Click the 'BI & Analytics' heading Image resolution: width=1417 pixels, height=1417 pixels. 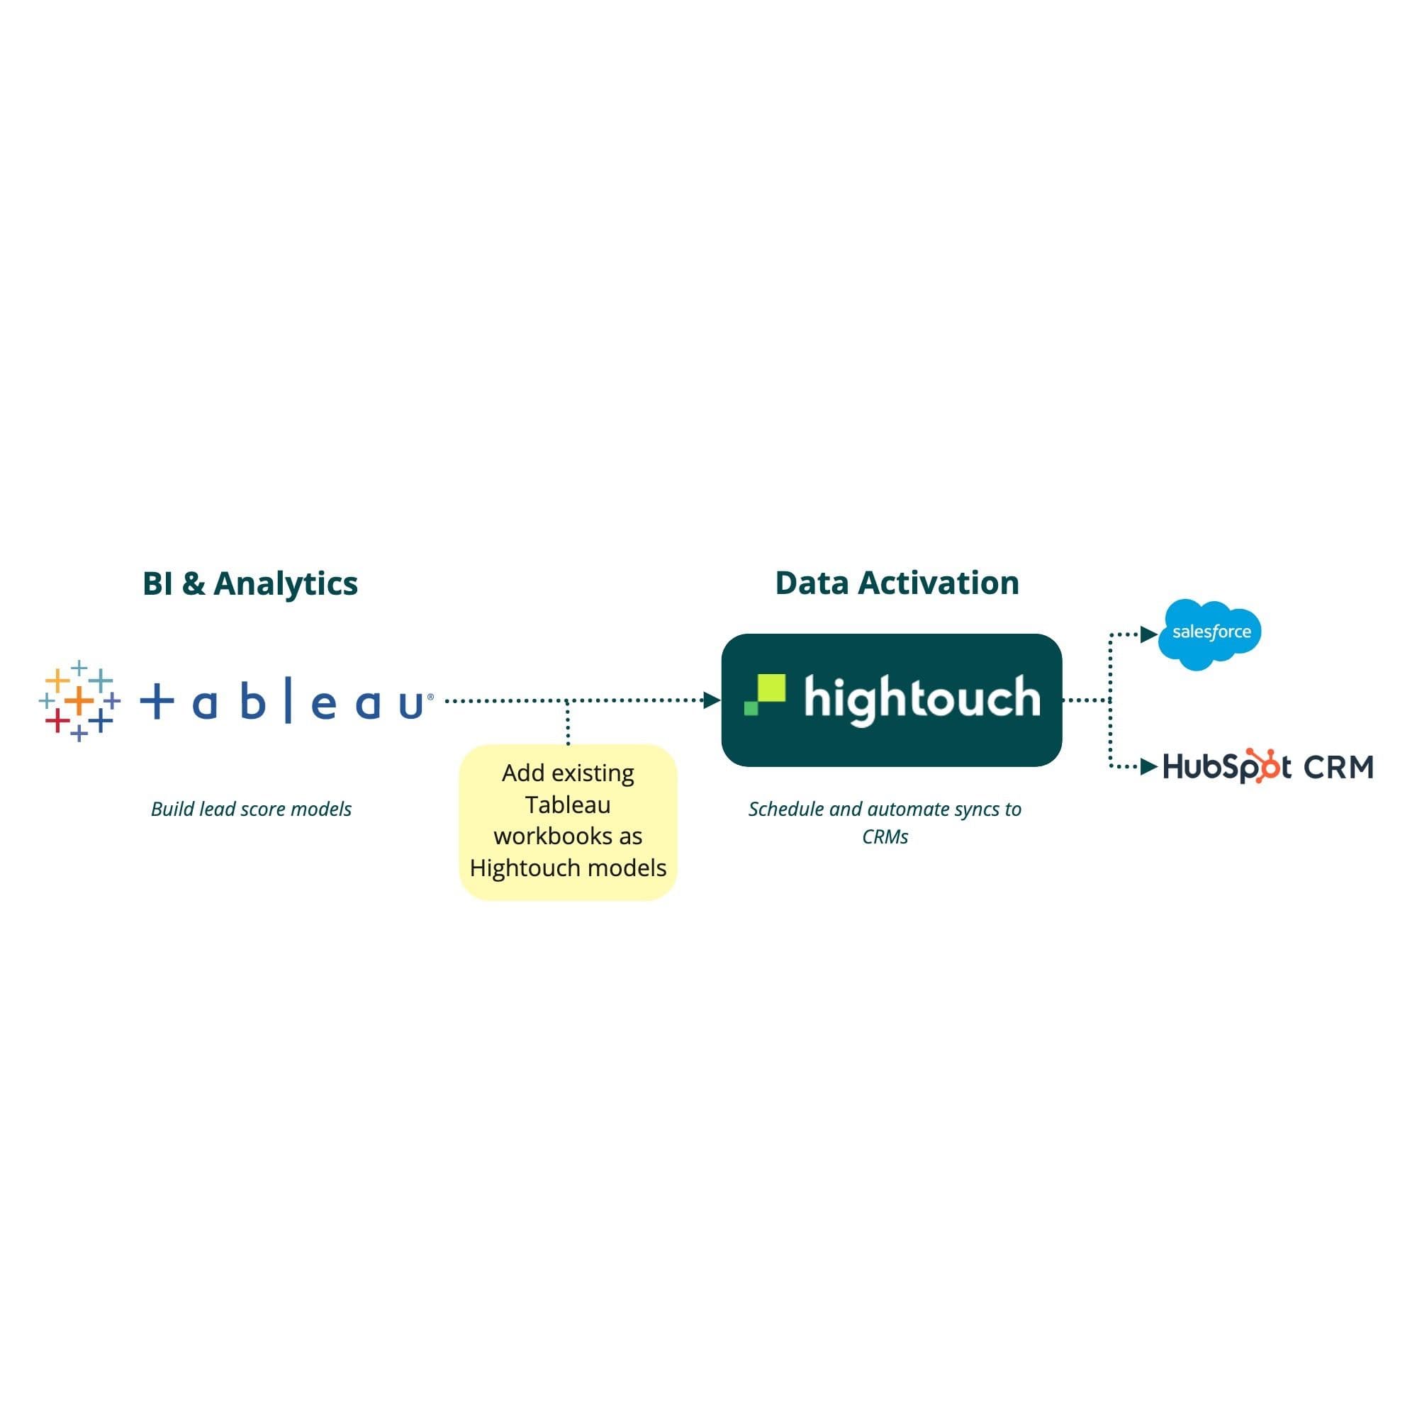250,584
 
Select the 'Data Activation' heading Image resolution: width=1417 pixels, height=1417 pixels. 896,583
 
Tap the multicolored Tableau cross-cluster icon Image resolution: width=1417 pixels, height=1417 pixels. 79,700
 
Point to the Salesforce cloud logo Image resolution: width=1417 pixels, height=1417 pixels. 1210,633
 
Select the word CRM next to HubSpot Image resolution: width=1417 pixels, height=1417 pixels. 1338,767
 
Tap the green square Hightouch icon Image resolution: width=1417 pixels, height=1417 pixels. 765,694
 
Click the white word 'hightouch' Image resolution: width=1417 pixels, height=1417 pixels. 922,698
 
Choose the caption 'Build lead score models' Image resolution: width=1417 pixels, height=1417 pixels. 251,809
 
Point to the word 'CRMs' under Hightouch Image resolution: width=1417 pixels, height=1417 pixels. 885,837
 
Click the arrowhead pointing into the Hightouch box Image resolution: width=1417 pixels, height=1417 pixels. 711,700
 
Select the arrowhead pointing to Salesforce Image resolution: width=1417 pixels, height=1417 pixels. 1148,634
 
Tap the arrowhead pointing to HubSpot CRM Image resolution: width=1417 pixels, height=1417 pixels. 1148,767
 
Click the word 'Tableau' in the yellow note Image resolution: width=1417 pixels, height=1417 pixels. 568,805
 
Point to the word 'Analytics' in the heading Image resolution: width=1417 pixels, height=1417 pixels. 285,584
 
